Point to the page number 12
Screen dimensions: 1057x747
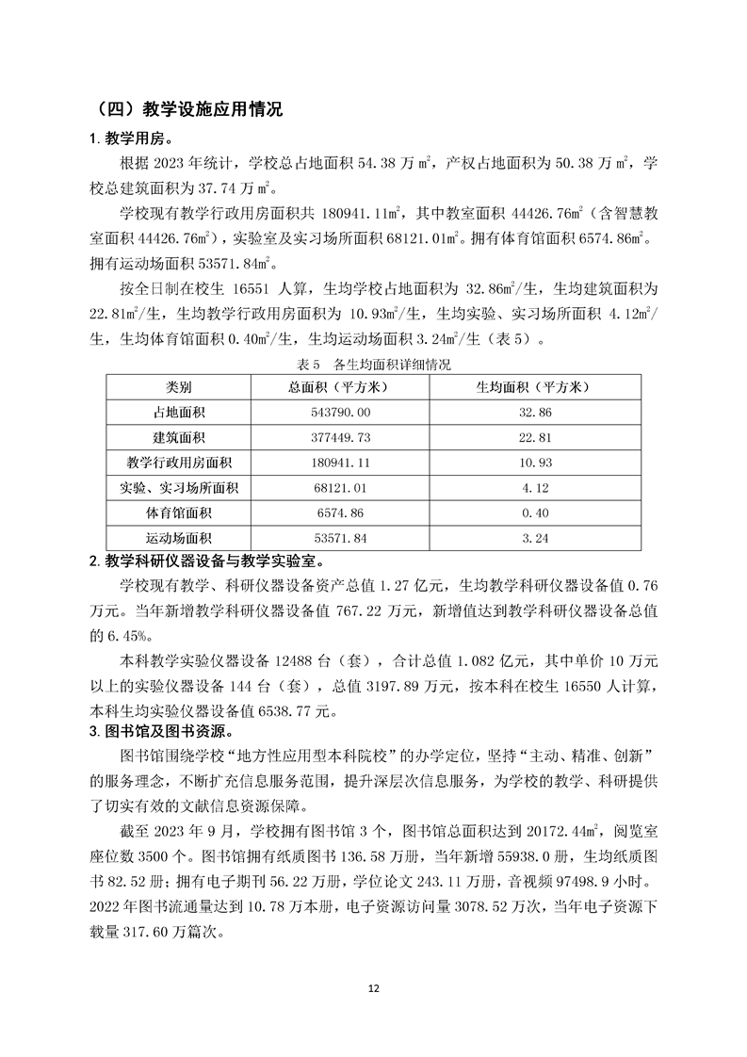pos(373,988)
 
